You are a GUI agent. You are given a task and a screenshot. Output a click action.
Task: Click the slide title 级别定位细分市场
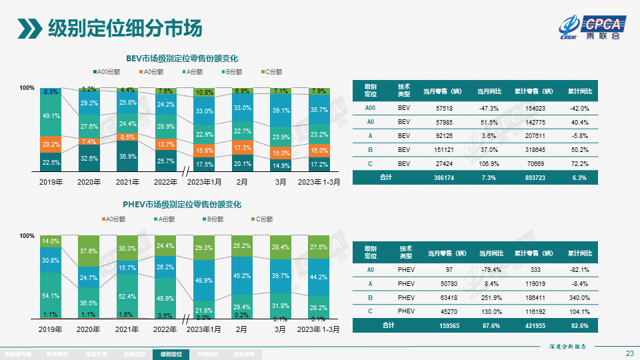(x=125, y=29)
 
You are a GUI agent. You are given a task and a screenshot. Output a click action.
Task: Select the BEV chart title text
(x=182, y=59)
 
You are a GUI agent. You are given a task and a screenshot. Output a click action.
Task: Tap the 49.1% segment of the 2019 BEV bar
(x=51, y=116)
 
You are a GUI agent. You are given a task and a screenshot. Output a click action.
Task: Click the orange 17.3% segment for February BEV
(x=243, y=148)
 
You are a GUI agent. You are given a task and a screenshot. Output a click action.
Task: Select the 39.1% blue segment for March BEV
(x=281, y=111)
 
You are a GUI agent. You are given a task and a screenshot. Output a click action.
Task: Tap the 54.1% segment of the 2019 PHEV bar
(x=51, y=295)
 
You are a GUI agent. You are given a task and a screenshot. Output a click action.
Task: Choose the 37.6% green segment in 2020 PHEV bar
(x=89, y=251)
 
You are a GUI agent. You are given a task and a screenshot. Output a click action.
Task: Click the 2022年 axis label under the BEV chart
(x=165, y=181)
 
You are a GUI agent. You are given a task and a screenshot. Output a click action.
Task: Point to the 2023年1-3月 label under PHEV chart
(x=319, y=329)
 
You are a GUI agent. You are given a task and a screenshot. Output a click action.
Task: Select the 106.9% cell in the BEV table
(x=489, y=163)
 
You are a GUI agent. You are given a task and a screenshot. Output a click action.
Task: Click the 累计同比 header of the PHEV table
(x=580, y=253)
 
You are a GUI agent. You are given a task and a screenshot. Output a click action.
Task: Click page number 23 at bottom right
(x=629, y=353)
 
